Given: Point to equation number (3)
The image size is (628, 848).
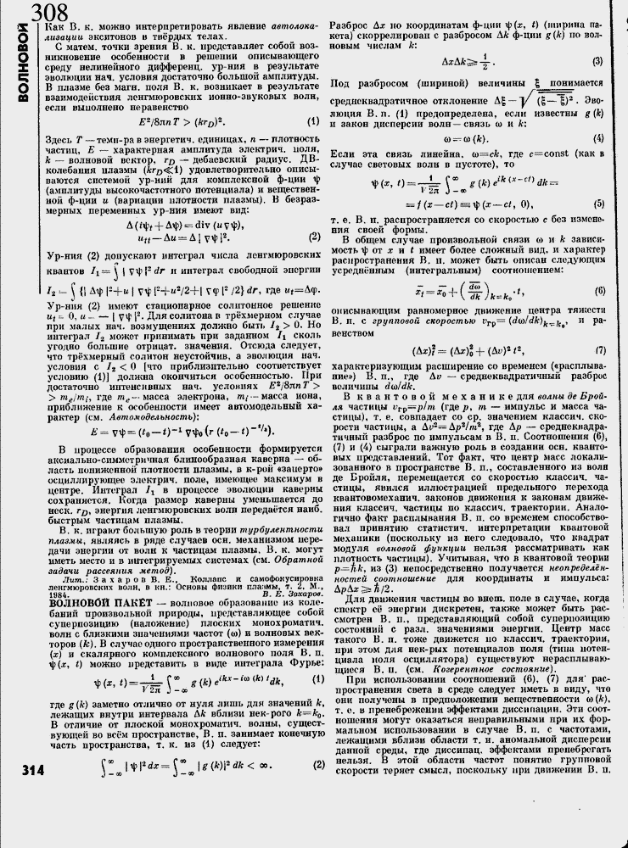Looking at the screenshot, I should (597, 61).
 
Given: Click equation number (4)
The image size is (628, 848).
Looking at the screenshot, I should (597, 137).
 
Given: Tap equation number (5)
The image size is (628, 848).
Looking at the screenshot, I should (597, 204).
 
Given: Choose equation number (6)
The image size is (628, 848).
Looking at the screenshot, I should (597, 290).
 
